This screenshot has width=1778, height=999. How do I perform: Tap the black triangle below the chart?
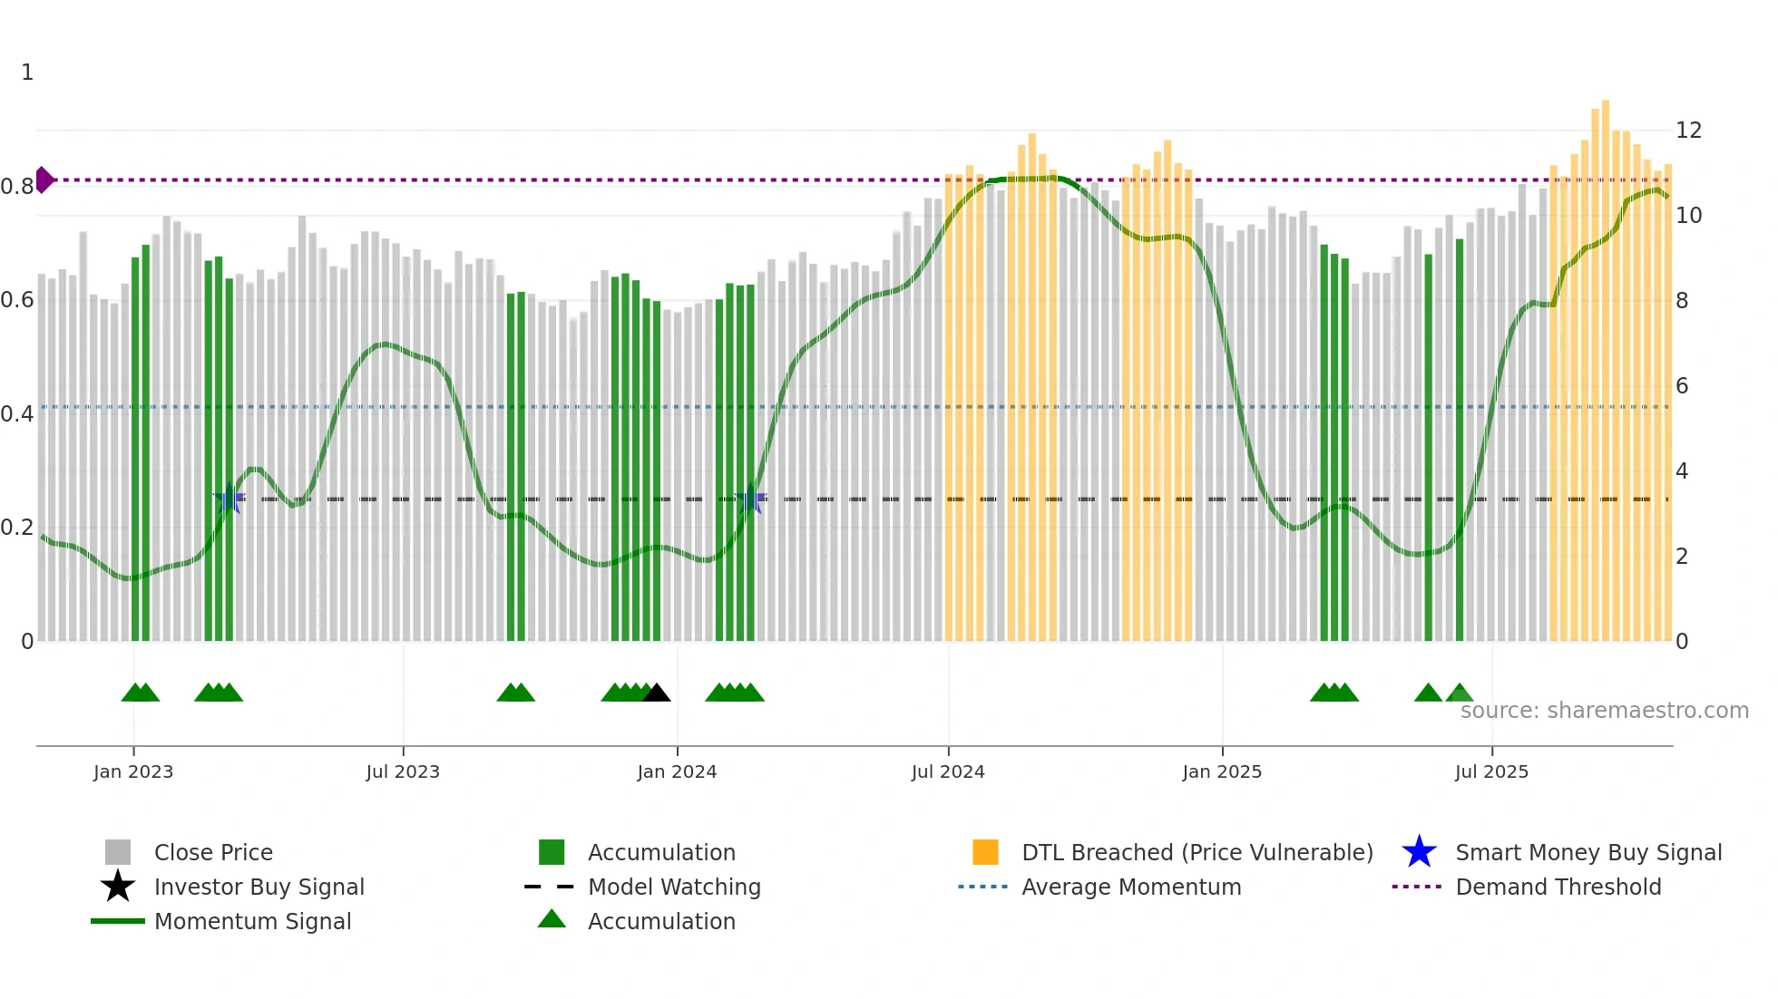click(656, 693)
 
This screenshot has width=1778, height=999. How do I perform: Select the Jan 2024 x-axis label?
click(677, 771)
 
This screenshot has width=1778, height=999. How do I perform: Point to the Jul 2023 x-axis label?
click(403, 771)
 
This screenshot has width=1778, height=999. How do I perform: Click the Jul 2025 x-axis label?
click(1491, 771)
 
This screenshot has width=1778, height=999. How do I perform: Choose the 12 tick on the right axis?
click(1688, 131)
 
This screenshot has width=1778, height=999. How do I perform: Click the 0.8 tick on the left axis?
click(17, 187)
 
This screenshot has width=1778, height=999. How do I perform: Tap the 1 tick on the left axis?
click(27, 73)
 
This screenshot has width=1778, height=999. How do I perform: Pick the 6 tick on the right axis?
click(1682, 386)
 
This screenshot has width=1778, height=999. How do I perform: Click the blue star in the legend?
click(1419, 852)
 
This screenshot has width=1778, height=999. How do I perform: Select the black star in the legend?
click(118, 887)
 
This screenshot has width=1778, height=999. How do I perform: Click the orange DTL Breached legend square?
click(985, 852)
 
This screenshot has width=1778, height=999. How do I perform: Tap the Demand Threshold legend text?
click(1558, 887)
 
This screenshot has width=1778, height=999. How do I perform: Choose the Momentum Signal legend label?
click(252, 921)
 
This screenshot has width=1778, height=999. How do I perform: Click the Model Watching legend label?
click(674, 887)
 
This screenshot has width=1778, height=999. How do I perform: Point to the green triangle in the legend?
click(552, 919)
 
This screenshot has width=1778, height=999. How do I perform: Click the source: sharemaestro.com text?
click(1604, 710)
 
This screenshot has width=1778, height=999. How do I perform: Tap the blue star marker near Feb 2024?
click(750, 499)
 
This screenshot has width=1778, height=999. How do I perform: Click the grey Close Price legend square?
click(118, 852)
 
